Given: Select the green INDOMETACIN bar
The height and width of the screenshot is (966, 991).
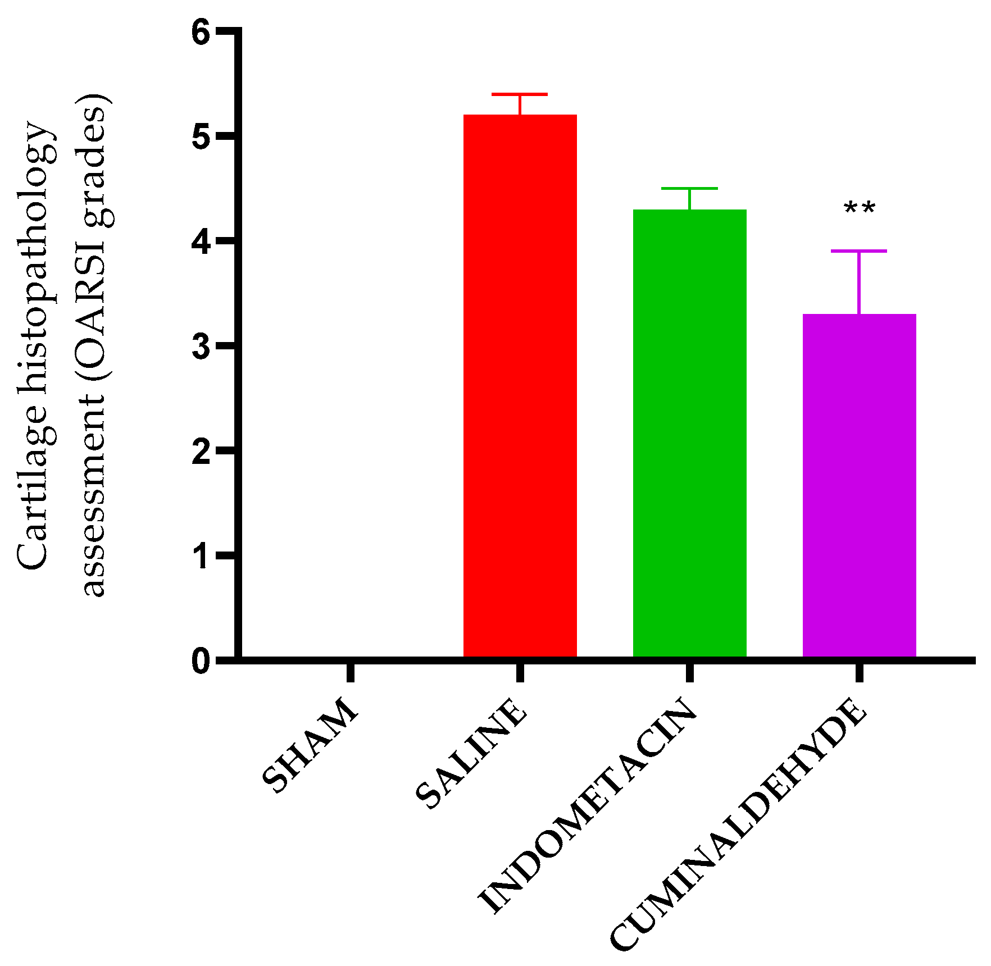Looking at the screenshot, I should [690, 433].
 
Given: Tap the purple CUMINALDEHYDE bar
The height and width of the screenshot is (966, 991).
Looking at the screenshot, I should [860, 485].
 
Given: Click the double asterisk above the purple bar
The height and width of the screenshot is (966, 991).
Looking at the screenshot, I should [860, 209].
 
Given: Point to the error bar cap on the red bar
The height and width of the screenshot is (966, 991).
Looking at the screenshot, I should [520, 94].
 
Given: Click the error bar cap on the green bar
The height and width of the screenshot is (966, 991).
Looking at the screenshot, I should [690, 189].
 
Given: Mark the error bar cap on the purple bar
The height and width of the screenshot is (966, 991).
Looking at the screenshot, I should [860, 251].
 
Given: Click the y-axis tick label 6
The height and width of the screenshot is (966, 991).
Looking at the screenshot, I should [201, 33].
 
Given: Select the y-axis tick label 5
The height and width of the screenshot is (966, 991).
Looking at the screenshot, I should [201, 136].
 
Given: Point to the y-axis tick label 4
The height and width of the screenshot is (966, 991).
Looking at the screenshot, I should [201, 241].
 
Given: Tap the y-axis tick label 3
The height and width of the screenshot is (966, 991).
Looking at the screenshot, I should [201, 346].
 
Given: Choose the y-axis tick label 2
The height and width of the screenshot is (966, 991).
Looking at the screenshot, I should [201, 451].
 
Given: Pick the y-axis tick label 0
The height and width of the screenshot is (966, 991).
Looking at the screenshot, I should [201, 661].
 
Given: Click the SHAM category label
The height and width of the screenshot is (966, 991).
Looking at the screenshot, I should [310, 745].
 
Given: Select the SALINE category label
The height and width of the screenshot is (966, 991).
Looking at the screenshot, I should [472, 753].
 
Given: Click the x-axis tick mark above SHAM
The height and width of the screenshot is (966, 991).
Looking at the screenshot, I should [351, 672].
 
